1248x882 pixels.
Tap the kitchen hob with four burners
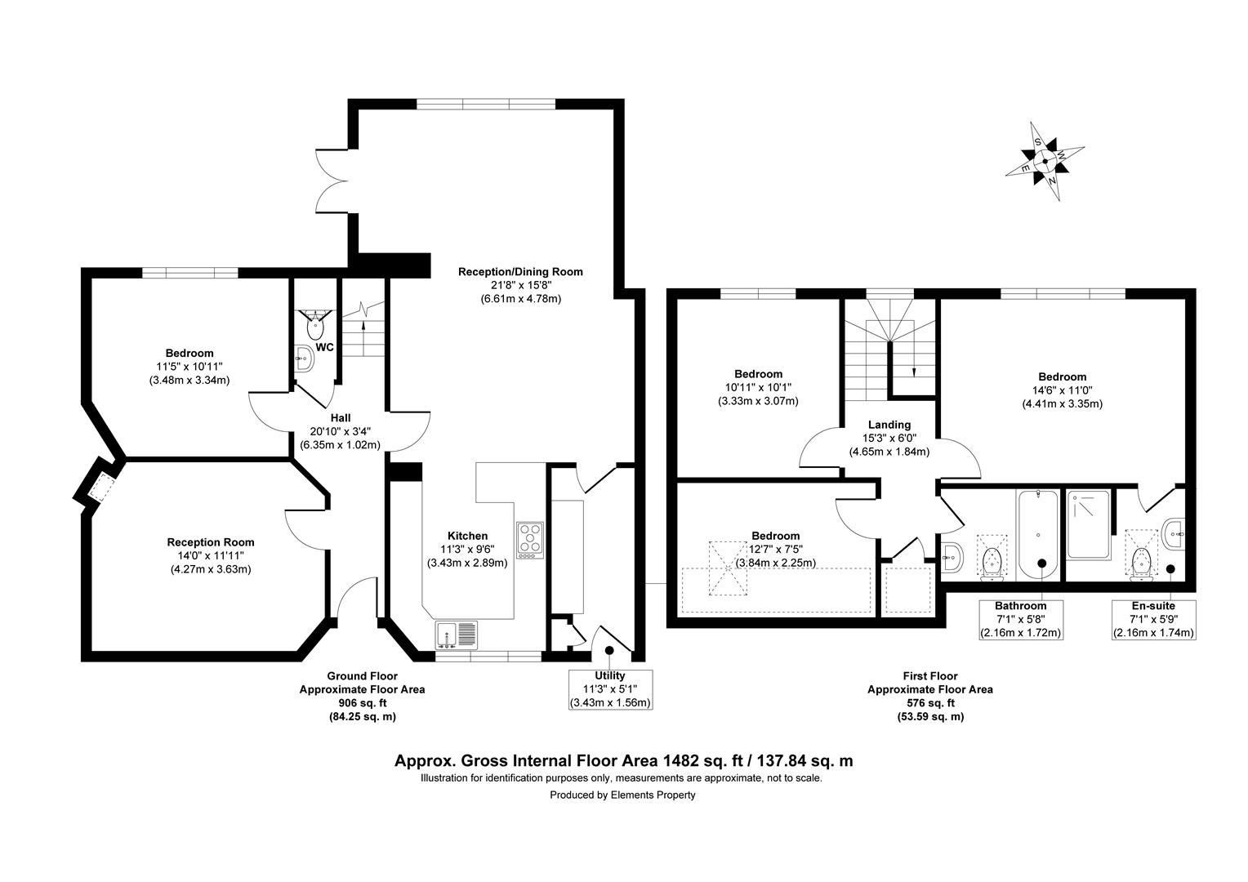pyautogui.click(x=529, y=540)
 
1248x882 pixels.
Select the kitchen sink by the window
pyautogui.click(x=457, y=635)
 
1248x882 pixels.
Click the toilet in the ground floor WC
pyautogui.click(x=315, y=326)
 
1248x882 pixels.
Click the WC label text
pyautogui.click(x=325, y=348)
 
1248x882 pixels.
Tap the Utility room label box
pyautogui.click(x=609, y=689)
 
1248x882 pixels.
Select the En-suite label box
pyautogui.click(x=1153, y=620)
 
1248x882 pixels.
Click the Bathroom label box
pyautogui.click(x=1020, y=620)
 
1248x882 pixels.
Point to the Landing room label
pyautogui.click(x=889, y=425)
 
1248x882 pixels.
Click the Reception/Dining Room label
pyautogui.click(x=520, y=272)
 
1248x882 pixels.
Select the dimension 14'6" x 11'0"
pyautogui.click(x=1063, y=390)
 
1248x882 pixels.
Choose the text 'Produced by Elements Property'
pyautogui.click(x=622, y=795)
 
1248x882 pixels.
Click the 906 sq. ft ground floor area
pyautogui.click(x=362, y=703)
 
